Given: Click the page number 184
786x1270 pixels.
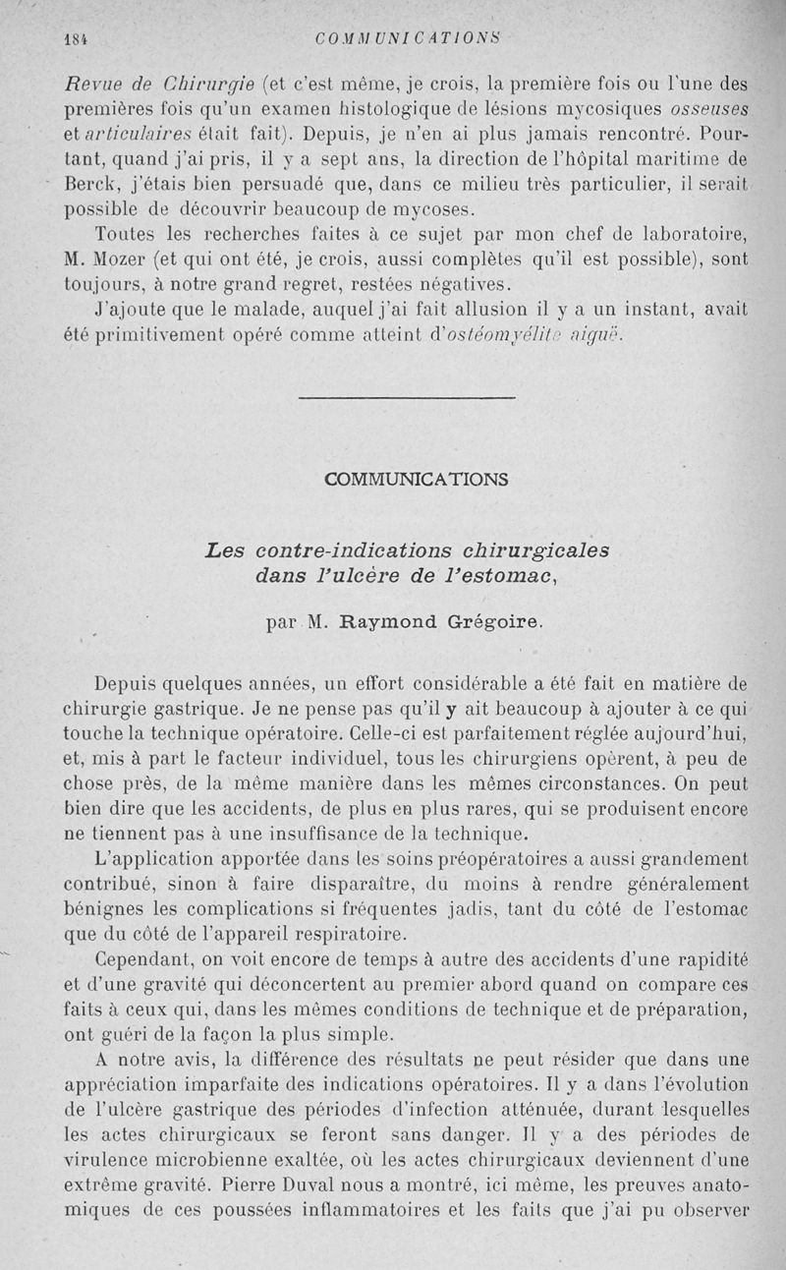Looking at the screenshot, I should click(x=74, y=40).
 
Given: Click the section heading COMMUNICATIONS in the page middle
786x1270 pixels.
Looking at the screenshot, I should click(x=417, y=480).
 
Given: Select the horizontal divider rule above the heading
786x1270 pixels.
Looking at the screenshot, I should click(x=405, y=398).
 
